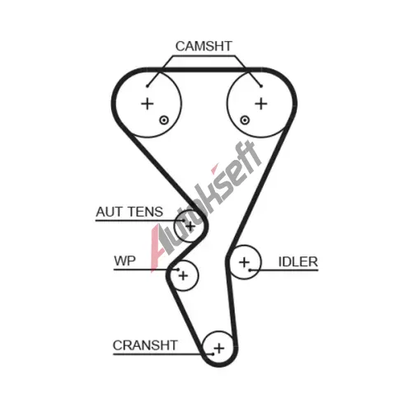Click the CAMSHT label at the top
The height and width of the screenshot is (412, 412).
(204, 46)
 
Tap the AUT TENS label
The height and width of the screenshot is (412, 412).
(129, 212)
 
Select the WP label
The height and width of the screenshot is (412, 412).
(124, 260)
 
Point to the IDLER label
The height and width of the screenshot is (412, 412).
(298, 262)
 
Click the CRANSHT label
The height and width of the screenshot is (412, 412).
(145, 345)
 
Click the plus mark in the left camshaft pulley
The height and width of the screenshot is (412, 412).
(147, 104)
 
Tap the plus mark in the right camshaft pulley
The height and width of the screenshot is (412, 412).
(261, 104)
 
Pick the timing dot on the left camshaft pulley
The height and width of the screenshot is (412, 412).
(164, 120)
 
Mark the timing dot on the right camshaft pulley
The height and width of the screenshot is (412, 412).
(245, 120)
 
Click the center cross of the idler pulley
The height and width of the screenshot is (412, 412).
(244, 262)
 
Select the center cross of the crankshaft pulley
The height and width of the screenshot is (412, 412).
(219, 349)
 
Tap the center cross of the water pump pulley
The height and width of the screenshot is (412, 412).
(183, 275)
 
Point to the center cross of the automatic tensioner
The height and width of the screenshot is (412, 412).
(190, 227)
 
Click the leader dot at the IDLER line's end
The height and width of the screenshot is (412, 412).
(250, 270)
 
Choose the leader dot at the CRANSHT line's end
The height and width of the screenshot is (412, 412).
(213, 354)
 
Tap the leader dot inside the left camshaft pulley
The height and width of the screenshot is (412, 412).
(147, 86)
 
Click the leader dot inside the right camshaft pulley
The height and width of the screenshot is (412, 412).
(261, 86)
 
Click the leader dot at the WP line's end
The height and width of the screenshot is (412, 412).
(178, 269)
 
